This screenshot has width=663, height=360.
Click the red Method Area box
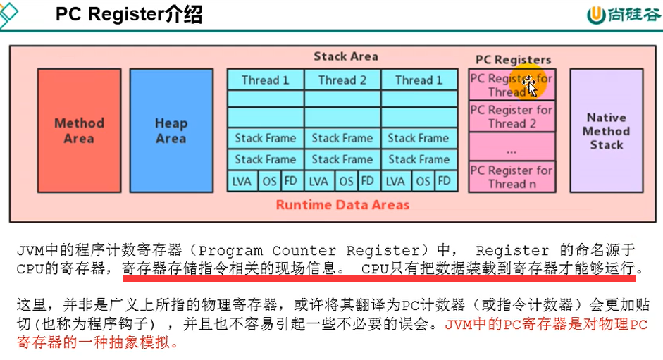click(x=79, y=130)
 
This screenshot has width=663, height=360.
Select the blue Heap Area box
click(x=171, y=130)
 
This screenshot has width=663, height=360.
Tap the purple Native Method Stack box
click(x=606, y=130)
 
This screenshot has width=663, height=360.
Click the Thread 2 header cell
click(x=342, y=80)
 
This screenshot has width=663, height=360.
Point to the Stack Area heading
click(x=345, y=56)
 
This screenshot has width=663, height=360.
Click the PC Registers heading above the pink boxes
click(x=513, y=60)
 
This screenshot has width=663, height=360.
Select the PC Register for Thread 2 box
click(x=512, y=116)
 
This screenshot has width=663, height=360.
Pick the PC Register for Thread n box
click(x=512, y=177)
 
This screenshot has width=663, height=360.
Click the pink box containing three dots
click(x=512, y=147)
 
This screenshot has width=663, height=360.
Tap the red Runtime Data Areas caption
click(x=342, y=205)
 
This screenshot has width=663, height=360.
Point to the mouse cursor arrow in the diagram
click(x=531, y=88)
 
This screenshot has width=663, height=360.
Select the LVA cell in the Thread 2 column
click(x=318, y=181)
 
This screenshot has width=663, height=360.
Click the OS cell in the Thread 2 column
click(x=346, y=181)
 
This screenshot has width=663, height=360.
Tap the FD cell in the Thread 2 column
click(x=367, y=181)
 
